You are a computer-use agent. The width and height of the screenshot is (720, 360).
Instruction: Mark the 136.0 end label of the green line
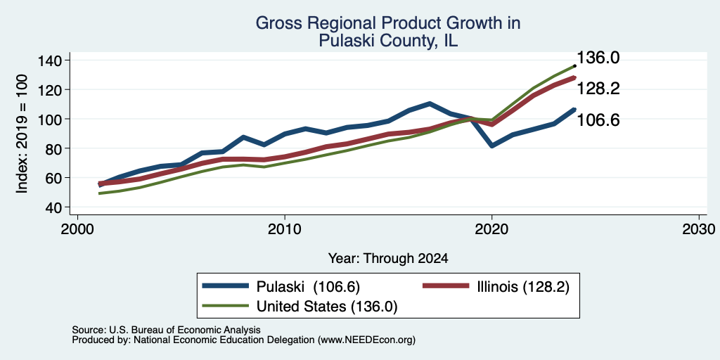(598, 58)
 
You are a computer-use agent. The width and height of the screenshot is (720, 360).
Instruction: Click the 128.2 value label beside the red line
(598, 89)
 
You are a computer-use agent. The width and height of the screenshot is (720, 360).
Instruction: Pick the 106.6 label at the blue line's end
(598, 120)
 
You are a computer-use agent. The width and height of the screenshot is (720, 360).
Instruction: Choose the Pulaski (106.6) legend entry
(281, 287)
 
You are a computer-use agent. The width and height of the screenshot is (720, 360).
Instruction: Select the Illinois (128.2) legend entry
(496, 287)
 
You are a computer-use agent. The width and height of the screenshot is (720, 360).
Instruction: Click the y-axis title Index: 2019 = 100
(22, 134)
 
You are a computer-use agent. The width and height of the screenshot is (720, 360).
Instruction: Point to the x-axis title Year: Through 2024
(388, 259)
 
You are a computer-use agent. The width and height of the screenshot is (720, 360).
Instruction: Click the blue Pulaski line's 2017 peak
(430, 103)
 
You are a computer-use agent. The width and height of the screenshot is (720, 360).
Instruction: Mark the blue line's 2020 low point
(491, 146)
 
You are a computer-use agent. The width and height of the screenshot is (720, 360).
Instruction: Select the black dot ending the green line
(574, 66)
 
